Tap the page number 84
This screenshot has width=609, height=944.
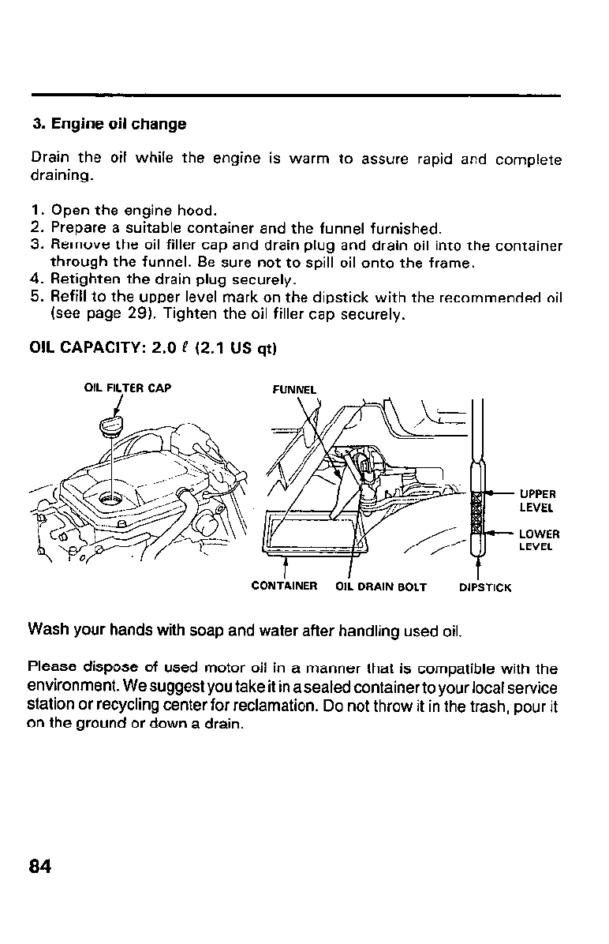40,866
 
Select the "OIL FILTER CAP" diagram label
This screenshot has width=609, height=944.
127,388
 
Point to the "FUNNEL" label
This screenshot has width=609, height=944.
293,389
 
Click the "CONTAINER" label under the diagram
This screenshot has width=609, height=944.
284,586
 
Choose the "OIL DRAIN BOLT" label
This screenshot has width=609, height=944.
381,587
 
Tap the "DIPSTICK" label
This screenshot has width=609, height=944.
485,588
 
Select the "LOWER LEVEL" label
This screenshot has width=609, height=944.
539,540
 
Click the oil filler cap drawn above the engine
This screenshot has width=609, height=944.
109,430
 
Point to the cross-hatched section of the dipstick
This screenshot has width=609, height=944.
476,511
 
